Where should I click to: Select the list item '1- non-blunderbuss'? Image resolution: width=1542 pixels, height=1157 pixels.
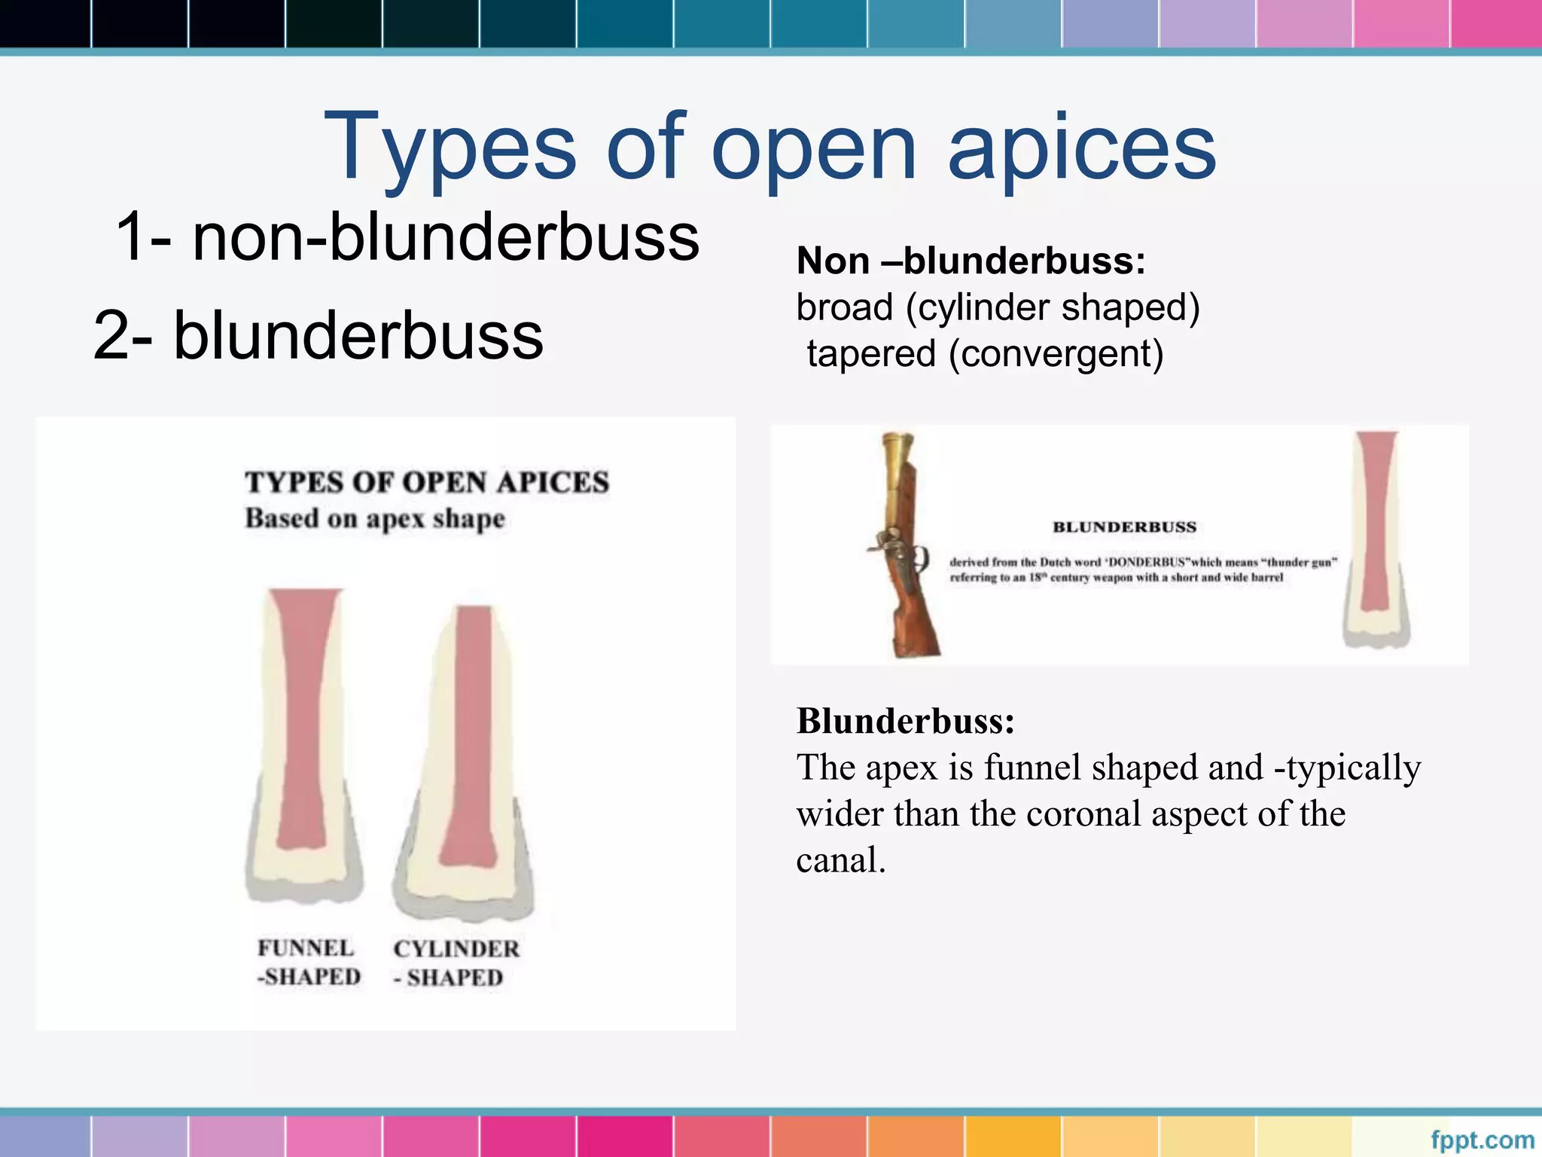click(407, 237)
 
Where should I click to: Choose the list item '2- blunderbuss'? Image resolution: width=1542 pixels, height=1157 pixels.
click(318, 335)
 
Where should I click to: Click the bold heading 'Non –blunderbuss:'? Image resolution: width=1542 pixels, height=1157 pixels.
click(971, 261)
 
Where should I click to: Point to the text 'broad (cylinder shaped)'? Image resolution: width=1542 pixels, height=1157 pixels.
click(998, 307)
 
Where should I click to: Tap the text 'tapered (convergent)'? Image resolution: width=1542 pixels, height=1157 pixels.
click(985, 354)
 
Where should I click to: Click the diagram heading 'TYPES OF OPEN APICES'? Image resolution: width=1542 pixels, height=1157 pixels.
click(427, 482)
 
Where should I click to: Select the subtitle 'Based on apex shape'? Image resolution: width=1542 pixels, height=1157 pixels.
click(374, 519)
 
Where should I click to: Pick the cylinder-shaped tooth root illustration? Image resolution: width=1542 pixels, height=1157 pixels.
click(465, 761)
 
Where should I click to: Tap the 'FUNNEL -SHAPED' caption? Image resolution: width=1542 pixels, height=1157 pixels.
click(308, 963)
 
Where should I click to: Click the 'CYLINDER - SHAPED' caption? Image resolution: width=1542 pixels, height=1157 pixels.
click(456, 963)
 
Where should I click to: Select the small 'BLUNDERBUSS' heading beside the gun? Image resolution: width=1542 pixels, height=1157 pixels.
click(1124, 527)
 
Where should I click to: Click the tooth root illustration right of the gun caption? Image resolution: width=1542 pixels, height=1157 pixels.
click(1376, 539)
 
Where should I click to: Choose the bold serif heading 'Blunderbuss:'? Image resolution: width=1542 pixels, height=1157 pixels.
click(906, 722)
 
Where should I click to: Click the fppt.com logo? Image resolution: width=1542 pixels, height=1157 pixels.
click(1482, 1139)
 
